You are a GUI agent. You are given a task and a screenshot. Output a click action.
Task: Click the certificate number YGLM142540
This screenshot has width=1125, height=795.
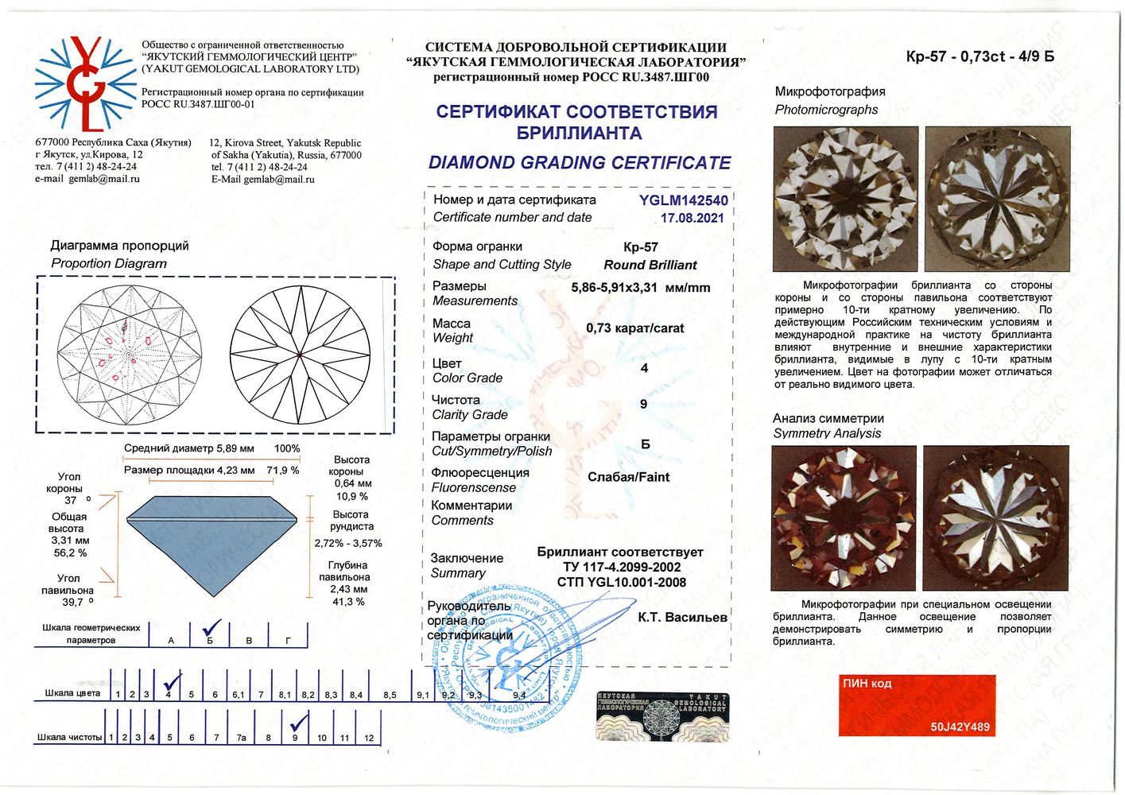coord(684,200)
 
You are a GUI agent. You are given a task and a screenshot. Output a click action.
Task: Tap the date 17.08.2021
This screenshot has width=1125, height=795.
coord(692,218)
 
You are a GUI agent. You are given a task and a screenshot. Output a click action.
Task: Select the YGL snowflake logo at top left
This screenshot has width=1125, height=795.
coord(86,83)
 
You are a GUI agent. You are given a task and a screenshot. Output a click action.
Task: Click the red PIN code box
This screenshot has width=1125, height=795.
coord(917,705)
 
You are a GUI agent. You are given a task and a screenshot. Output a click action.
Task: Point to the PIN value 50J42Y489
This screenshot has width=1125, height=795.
coord(960,727)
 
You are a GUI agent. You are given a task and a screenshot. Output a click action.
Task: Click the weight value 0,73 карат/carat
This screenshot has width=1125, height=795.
coord(634,328)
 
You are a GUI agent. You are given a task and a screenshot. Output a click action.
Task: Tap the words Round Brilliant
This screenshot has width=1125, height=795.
coord(650,265)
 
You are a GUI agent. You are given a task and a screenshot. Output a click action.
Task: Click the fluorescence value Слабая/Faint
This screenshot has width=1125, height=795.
coord(628,477)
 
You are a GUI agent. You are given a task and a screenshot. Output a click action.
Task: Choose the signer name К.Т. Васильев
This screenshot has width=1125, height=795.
coord(682,616)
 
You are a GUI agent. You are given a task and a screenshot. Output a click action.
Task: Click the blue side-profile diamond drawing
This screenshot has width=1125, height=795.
coord(211,548)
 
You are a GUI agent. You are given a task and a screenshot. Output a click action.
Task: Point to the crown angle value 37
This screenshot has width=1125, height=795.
coord(71,500)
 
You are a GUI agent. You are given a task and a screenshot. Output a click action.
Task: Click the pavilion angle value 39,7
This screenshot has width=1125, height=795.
coord(68,602)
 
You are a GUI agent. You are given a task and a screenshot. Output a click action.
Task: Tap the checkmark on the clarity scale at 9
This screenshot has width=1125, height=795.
coord(298,723)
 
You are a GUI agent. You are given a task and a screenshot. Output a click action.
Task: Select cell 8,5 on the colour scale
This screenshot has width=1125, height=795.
coord(390,694)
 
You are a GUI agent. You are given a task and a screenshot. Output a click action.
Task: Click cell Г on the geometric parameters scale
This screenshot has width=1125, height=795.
coord(288,640)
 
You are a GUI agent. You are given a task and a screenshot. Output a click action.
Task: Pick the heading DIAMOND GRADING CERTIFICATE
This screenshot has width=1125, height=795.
coord(580,163)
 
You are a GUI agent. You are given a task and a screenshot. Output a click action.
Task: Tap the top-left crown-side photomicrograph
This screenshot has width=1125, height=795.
coord(845,199)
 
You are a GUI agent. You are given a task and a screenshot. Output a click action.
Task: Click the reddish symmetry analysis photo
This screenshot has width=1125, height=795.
coord(844,517)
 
